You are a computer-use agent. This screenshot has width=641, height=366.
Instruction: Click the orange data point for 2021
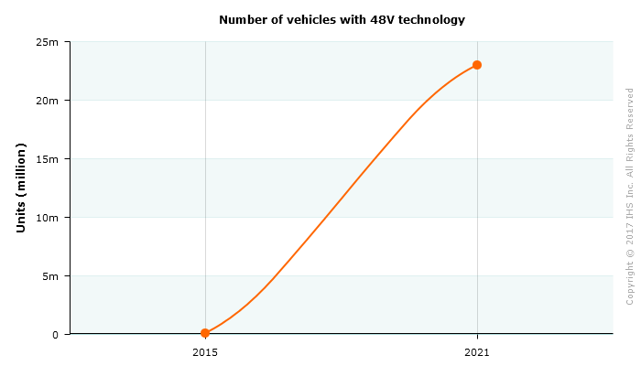(477, 65)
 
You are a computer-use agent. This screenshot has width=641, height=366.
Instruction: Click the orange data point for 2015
(205, 333)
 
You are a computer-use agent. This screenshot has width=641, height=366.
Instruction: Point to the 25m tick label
(48, 42)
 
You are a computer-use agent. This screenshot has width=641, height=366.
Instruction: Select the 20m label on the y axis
(48, 101)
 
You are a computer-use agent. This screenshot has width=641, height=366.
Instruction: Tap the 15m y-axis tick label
(48, 159)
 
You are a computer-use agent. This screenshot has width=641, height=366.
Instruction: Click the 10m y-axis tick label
(48, 218)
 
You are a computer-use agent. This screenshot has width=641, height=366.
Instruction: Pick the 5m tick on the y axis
(50, 276)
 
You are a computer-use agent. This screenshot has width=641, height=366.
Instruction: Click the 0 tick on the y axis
(55, 335)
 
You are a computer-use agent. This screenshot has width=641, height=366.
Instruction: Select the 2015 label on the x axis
(205, 351)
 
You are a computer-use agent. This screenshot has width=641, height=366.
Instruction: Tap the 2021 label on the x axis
(477, 351)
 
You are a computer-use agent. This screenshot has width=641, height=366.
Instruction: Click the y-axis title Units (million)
(21, 188)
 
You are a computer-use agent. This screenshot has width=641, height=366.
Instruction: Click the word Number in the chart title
(242, 19)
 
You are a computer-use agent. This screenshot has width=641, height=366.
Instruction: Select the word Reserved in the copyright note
(630, 109)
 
